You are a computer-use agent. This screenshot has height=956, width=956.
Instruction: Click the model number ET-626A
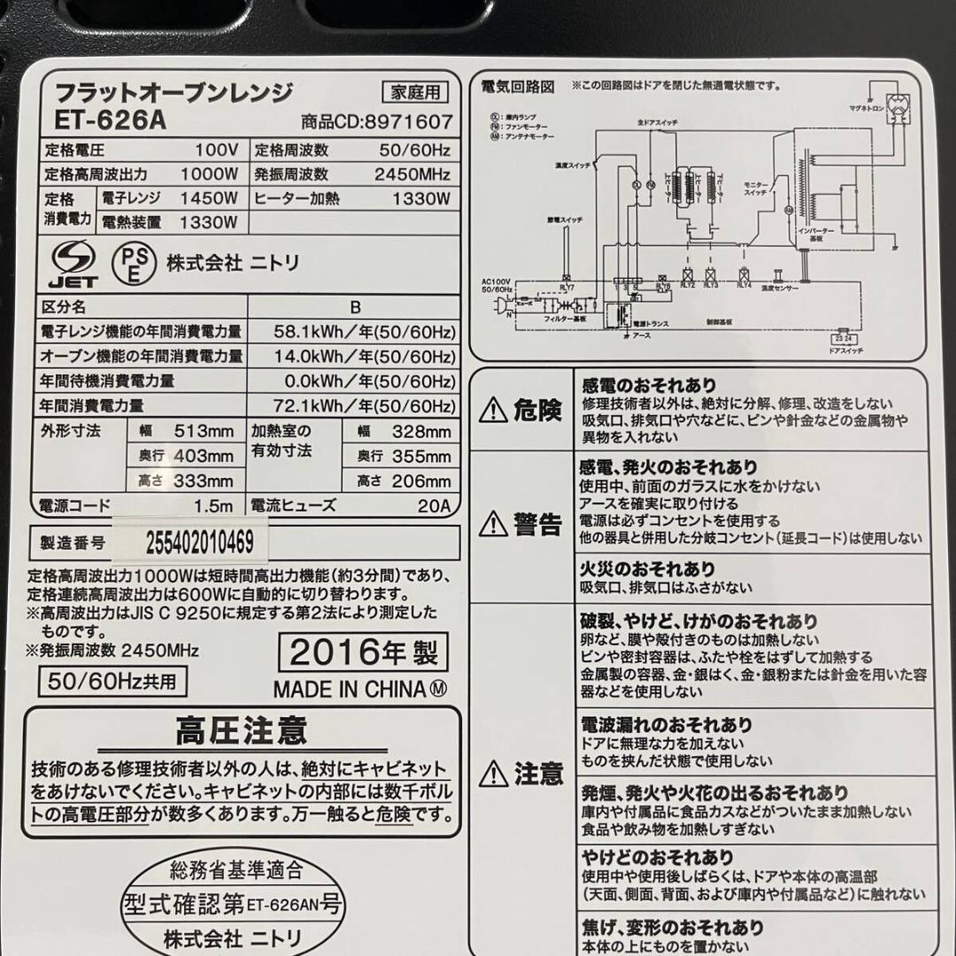110,119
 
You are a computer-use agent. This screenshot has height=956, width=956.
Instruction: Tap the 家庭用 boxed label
415,92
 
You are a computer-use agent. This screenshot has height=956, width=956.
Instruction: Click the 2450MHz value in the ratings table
412,174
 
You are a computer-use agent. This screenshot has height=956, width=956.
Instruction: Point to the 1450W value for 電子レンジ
209,198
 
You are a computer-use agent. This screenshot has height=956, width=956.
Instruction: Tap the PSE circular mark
131,263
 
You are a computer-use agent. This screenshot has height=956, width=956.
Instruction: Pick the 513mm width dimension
204,432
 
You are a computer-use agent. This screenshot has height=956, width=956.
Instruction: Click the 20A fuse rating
435,506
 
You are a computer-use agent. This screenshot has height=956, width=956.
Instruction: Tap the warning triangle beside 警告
492,525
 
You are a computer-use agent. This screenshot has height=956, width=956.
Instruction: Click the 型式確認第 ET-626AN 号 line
232,905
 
